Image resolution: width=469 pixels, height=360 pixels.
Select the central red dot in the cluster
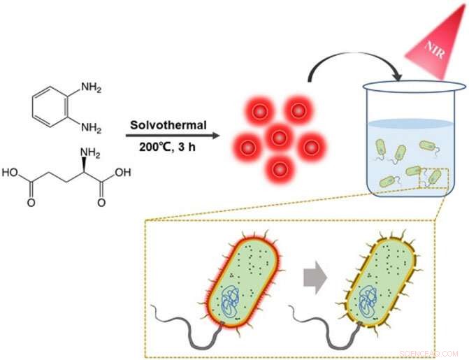point(279,138)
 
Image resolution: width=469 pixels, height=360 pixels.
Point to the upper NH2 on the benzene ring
point(91,87)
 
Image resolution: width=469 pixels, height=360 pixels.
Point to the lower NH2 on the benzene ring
point(91,129)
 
